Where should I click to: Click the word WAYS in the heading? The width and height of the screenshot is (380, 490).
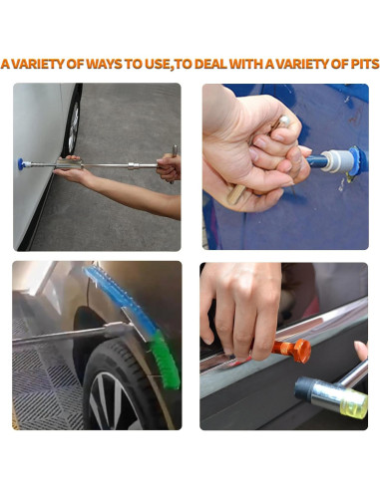coord(105,64)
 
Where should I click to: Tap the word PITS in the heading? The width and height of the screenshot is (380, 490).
coord(365,64)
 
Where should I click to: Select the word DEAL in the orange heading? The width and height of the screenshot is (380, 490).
coord(211,64)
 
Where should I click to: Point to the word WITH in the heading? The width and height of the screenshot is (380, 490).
coord(246,64)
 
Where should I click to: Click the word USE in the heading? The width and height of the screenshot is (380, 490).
coord(158,64)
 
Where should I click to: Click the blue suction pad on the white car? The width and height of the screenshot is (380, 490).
coord(20,164)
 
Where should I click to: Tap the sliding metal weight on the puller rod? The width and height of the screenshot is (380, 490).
coord(70,163)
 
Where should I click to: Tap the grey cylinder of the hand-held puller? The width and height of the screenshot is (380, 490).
coord(337,160)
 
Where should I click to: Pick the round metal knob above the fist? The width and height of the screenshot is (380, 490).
coord(284,121)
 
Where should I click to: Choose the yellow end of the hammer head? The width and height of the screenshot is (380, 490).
coord(354,403)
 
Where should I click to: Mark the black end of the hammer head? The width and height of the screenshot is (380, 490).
coord(305,388)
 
